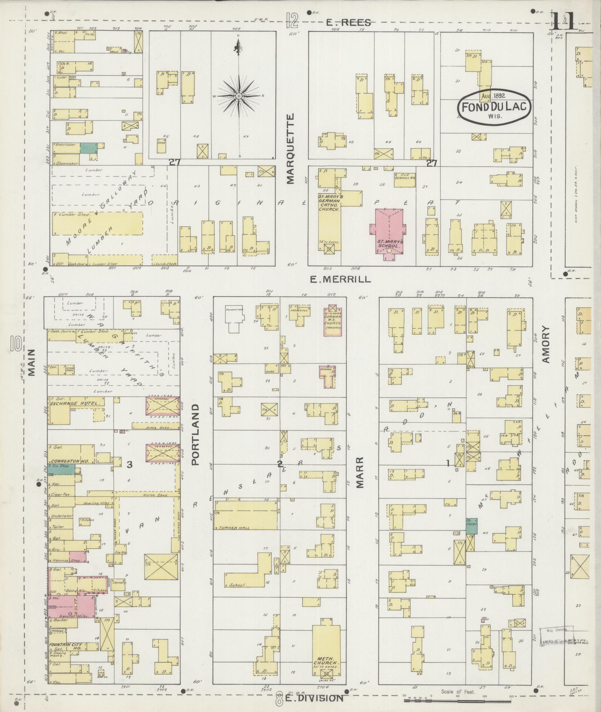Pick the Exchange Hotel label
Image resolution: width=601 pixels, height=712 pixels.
click(77, 403)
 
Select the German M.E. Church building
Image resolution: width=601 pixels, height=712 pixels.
click(333, 319)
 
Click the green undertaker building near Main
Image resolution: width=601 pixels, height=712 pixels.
click(88, 148)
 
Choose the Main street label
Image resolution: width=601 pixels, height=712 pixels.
click(31, 362)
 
